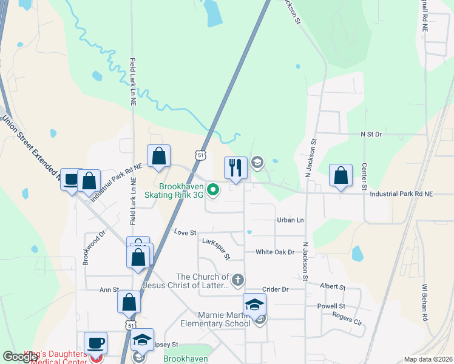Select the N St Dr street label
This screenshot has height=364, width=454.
(371, 133)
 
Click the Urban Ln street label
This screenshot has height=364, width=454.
(290, 220)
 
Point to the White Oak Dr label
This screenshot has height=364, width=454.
(274, 252)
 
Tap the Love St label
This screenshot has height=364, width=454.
(185, 232)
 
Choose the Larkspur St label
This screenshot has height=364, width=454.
(215, 249)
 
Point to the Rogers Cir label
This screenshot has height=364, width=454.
(347, 318)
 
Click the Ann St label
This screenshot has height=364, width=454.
(109, 290)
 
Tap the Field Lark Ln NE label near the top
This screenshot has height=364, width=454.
(132, 82)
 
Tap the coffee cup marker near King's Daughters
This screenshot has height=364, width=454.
(95, 343)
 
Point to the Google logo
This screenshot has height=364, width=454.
(20, 357)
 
